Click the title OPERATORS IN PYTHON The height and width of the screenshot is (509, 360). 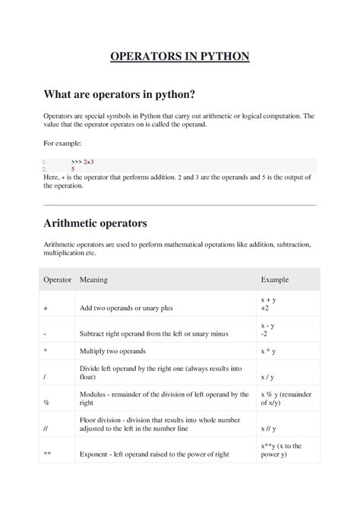tap(180, 57)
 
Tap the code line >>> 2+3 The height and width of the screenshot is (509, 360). tap(83, 162)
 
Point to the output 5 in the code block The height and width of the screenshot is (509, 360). tap(74, 169)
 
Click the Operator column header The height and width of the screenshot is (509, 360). tap(57, 280)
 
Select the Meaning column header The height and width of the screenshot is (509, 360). tap(93, 280)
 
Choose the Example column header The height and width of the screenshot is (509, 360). tap(274, 280)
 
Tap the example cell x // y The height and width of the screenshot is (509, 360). tap(270, 428)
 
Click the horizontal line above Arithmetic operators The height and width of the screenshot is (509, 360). tap(180, 204)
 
